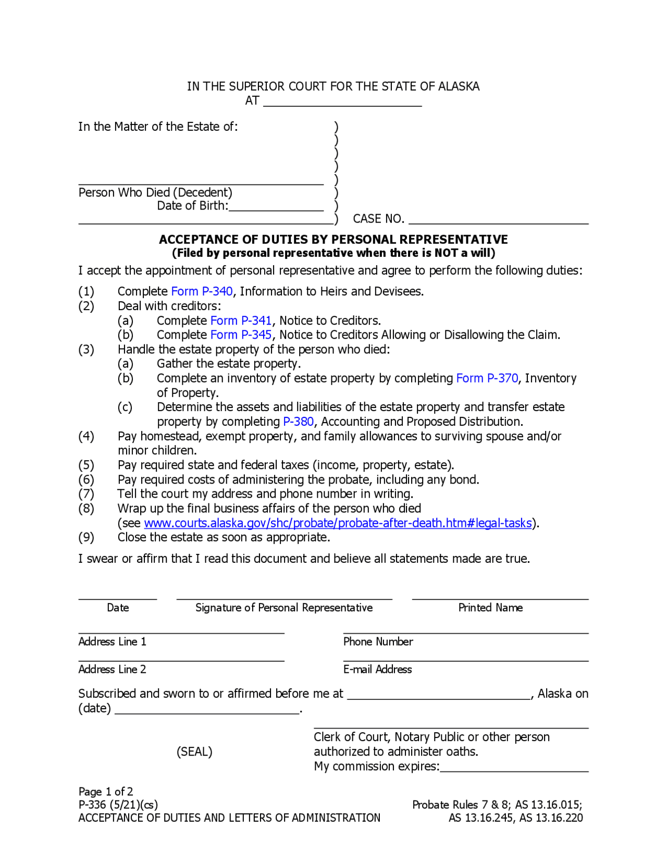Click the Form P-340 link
[201, 291]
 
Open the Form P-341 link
[240, 320]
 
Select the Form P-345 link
[240, 335]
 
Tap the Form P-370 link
[487, 378]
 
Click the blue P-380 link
[298, 422]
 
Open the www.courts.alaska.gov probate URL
[338, 523]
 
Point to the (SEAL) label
[194, 752]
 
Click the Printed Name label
[490, 608]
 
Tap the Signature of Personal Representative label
[284, 608]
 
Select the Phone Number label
[378, 642]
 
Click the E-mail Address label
[377, 670]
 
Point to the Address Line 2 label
[112, 670]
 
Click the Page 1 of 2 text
[106, 792]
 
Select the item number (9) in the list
[86, 537]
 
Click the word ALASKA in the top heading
[459, 87]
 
